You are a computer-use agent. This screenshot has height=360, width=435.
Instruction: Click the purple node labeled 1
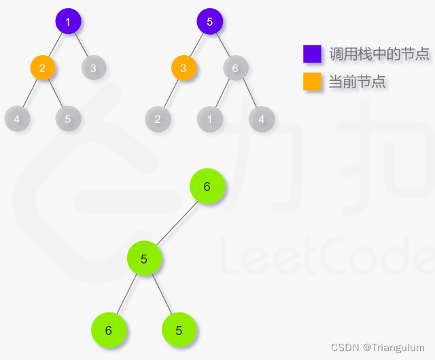click(68, 22)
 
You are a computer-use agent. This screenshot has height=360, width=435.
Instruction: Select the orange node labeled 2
click(42, 67)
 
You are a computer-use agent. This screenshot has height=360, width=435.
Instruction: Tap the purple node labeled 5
click(209, 22)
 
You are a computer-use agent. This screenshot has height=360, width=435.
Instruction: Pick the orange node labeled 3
click(184, 67)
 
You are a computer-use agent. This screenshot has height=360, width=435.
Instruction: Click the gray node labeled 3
click(93, 67)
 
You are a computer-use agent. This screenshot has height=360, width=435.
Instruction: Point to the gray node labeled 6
click(235, 67)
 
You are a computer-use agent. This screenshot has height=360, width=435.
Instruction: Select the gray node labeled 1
click(210, 119)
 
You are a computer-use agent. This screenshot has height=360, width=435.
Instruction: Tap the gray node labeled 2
click(158, 119)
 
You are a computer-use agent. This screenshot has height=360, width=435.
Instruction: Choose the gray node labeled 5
click(68, 119)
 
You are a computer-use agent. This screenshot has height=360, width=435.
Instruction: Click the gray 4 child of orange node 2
click(16, 119)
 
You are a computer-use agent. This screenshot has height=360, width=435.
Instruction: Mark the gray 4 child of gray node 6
click(261, 119)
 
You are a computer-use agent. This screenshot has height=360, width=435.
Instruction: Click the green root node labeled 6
click(207, 187)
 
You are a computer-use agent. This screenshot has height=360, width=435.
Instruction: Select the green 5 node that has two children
click(144, 258)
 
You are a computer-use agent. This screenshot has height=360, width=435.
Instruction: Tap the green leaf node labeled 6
click(109, 330)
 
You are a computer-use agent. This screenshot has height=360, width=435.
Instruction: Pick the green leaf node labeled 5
click(179, 330)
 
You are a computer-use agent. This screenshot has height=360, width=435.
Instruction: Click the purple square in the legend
click(312, 54)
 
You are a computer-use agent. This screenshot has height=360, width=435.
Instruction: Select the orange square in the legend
click(312, 82)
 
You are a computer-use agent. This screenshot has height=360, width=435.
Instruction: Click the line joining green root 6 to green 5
click(175, 223)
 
